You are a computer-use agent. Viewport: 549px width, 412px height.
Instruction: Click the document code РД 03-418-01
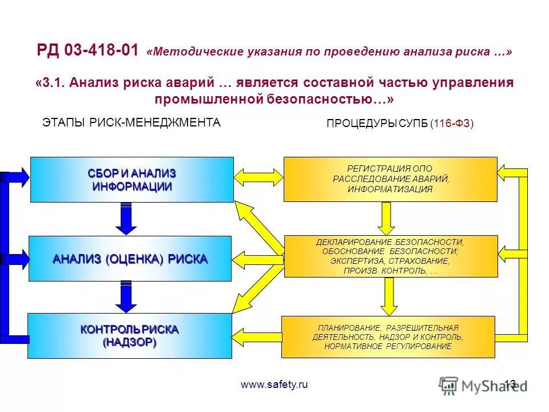click(87, 51)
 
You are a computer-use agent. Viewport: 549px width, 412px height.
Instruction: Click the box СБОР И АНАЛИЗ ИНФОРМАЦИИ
click(132, 180)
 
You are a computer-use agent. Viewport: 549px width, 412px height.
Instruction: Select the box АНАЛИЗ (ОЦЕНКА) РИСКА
click(130, 259)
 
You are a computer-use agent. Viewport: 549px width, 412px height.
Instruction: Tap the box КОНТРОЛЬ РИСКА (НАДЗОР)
click(129, 336)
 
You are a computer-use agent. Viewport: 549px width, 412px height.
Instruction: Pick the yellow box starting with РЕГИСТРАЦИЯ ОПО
click(390, 179)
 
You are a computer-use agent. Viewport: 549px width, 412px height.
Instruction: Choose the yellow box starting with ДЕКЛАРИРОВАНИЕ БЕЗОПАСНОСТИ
click(390, 257)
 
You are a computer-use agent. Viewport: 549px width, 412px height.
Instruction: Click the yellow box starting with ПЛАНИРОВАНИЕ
click(388, 337)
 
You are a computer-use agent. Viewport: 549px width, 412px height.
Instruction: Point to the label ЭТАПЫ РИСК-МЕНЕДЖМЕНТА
click(132, 122)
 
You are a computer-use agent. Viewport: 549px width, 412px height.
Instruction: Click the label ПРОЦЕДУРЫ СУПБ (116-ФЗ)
click(400, 124)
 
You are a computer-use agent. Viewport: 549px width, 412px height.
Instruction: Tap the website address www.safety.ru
click(274, 385)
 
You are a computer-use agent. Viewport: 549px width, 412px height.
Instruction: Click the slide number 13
click(510, 385)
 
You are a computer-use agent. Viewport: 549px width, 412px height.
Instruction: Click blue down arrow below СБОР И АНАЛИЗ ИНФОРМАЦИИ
click(126, 219)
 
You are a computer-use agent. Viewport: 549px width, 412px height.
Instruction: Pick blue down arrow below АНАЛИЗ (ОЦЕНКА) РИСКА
click(126, 297)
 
